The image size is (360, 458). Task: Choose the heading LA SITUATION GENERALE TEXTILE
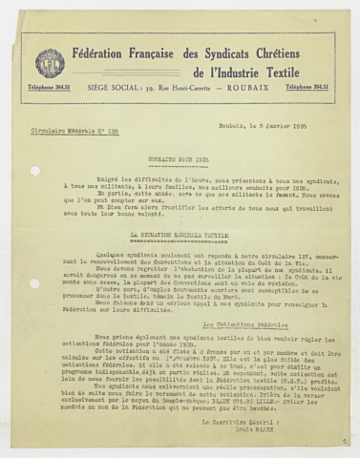coord(180,232)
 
